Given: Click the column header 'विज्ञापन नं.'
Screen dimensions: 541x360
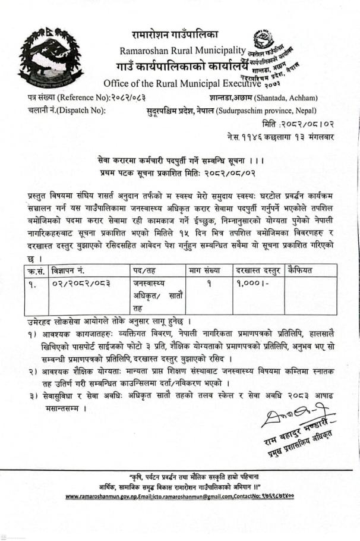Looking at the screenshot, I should [71, 270].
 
